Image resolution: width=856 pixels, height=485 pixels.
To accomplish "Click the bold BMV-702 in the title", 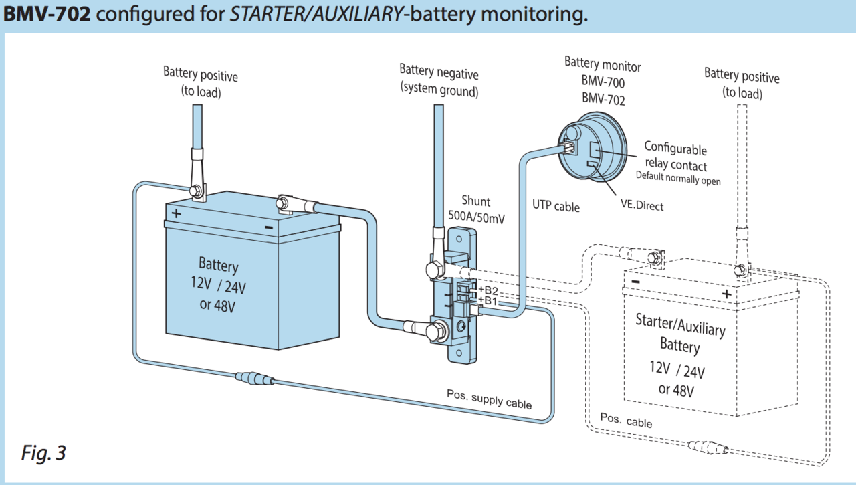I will tap(47, 14).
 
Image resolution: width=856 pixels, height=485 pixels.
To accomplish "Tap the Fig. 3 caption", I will tap(43, 453).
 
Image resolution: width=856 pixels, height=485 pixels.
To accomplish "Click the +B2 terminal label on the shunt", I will tap(488, 290).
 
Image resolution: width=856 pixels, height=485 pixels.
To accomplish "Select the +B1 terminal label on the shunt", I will tap(488, 301).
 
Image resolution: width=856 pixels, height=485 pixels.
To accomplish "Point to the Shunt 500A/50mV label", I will tap(475, 208).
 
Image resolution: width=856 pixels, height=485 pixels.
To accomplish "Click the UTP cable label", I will tap(556, 205).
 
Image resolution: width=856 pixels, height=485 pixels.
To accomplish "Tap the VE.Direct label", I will tap(642, 206).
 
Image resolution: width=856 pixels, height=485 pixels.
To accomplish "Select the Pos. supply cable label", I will tap(489, 399).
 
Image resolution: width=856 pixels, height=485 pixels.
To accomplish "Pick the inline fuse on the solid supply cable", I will tap(254, 379).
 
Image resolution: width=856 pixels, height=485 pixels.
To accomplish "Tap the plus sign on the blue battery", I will tap(176, 214).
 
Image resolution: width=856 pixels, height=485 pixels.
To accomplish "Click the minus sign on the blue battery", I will tap(268, 227).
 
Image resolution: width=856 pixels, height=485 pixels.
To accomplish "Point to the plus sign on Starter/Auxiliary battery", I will tap(726, 293).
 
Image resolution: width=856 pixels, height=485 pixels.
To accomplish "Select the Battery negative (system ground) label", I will tap(439, 80).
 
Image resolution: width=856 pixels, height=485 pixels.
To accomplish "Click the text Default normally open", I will tap(677, 179).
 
